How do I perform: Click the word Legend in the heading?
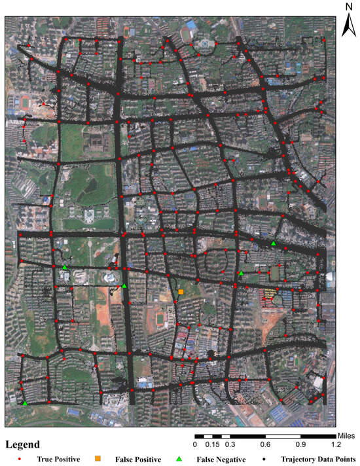[x=23, y=444]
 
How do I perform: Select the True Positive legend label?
[x=58, y=459]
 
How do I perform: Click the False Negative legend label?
[x=221, y=459]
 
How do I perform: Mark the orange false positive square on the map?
[x=181, y=292]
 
